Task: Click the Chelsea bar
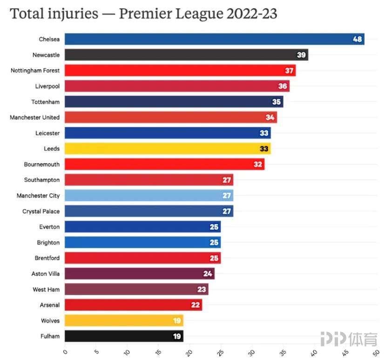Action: pos(214,39)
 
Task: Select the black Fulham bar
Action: pos(123,336)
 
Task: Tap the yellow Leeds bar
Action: pos(168,149)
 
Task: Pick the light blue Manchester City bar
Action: pos(149,196)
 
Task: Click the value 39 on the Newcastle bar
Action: pos(302,55)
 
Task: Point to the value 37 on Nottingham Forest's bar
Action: pos(289,71)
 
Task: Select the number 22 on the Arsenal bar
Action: pos(195,305)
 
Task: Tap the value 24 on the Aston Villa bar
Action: pos(208,274)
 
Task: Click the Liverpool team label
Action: pos(47,86)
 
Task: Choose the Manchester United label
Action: pos(35,117)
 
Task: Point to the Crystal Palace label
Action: pos(41,211)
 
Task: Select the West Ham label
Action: pos(46,289)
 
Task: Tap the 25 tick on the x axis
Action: pos(220,351)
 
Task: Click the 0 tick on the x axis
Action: pos(65,351)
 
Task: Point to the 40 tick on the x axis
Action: pos(314,351)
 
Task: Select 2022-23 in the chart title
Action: pos(252,14)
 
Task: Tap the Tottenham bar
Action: pos(174,102)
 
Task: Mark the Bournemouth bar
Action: pos(164,164)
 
